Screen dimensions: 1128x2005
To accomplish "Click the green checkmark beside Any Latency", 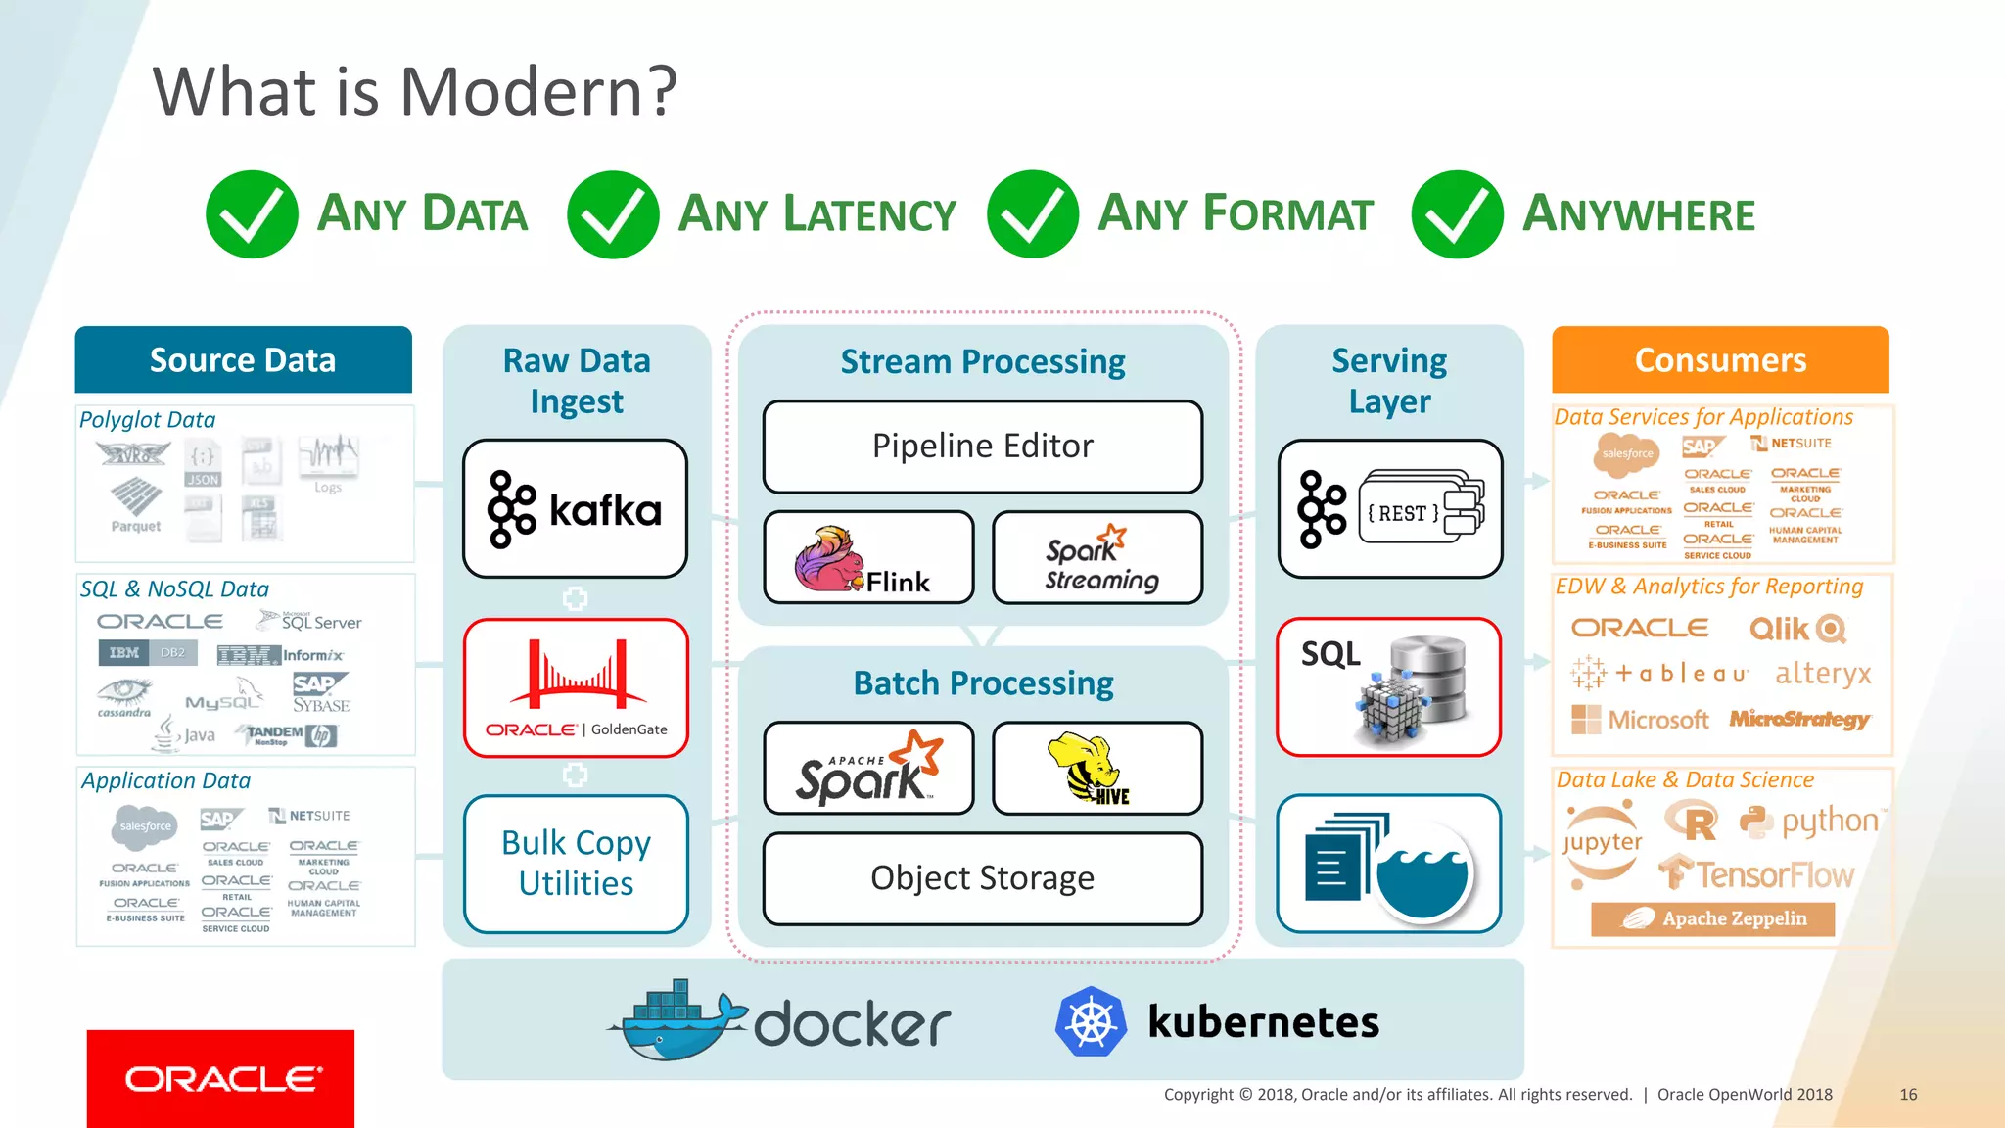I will click(x=613, y=214).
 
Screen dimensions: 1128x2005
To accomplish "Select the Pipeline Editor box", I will click(x=982, y=446).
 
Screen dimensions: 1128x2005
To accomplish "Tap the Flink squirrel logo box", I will click(x=868, y=558).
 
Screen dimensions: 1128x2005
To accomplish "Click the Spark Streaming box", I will click(x=1097, y=558).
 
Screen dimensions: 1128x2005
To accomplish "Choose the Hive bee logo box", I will click(x=1097, y=769).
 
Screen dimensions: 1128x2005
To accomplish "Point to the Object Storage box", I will click(x=982, y=878).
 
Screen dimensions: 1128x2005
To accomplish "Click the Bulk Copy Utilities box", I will click(x=576, y=864).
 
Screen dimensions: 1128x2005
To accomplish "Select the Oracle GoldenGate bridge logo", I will click(x=577, y=675).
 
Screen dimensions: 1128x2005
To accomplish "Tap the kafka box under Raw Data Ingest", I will click(x=576, y=509).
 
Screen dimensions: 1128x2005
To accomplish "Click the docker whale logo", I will click(x=676, y=1020).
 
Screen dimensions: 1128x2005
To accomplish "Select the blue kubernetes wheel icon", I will click(x=1091, y=1022).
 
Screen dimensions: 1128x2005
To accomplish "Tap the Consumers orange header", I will click(x=1720, y=359).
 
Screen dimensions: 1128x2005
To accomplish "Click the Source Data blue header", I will click(x=243, y=359).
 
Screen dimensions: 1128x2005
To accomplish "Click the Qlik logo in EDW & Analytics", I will click(x=1797, y=629).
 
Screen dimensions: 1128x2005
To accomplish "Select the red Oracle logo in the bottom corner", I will click(x=220, y=1078).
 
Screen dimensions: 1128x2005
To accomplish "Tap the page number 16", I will click(x=1908, y=1095).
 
